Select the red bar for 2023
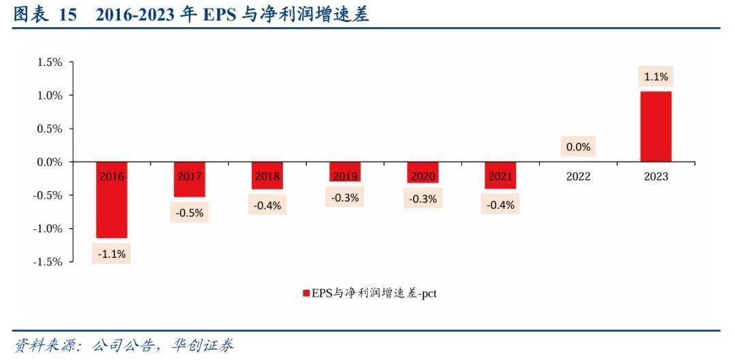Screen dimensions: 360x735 click(656, 127)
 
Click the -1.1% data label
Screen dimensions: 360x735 click(112, 255)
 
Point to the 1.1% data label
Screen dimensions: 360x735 click(656, 77)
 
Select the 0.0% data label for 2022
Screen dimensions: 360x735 click(578, 146)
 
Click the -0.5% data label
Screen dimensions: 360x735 click(189, 212)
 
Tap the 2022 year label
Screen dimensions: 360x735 click(578, 177)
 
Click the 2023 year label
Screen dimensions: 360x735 click(656, 177)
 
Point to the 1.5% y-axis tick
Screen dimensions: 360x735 click(50, 63)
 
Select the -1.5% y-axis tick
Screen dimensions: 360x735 click(48, 262)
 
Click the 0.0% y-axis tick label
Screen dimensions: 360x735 click(50, 163)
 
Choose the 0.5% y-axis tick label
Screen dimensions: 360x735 click(50, 129)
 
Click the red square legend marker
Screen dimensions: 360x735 click(306, 294)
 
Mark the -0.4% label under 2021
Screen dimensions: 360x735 click(500, 205)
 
